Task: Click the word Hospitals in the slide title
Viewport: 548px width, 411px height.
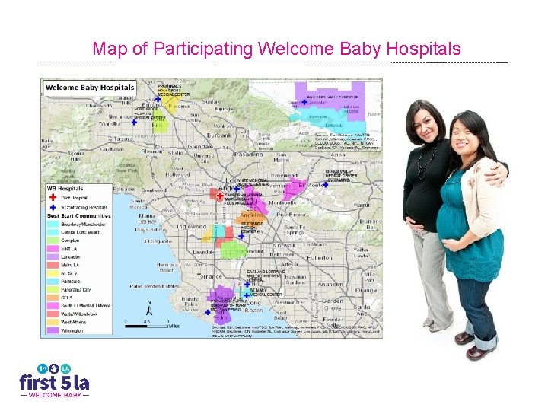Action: point(422,49)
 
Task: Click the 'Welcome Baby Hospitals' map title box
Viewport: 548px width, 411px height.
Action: point(90,87)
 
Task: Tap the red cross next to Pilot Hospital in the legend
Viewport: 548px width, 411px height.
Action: point(53,196)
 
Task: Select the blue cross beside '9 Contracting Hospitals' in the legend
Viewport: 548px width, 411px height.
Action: point(53,206)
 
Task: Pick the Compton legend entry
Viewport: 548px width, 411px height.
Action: point(70,241)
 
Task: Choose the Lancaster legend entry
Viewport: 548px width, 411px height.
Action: point(70,256)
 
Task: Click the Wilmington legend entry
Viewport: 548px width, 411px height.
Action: point(71,330)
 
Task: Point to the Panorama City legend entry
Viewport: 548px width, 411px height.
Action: point(75,289)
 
